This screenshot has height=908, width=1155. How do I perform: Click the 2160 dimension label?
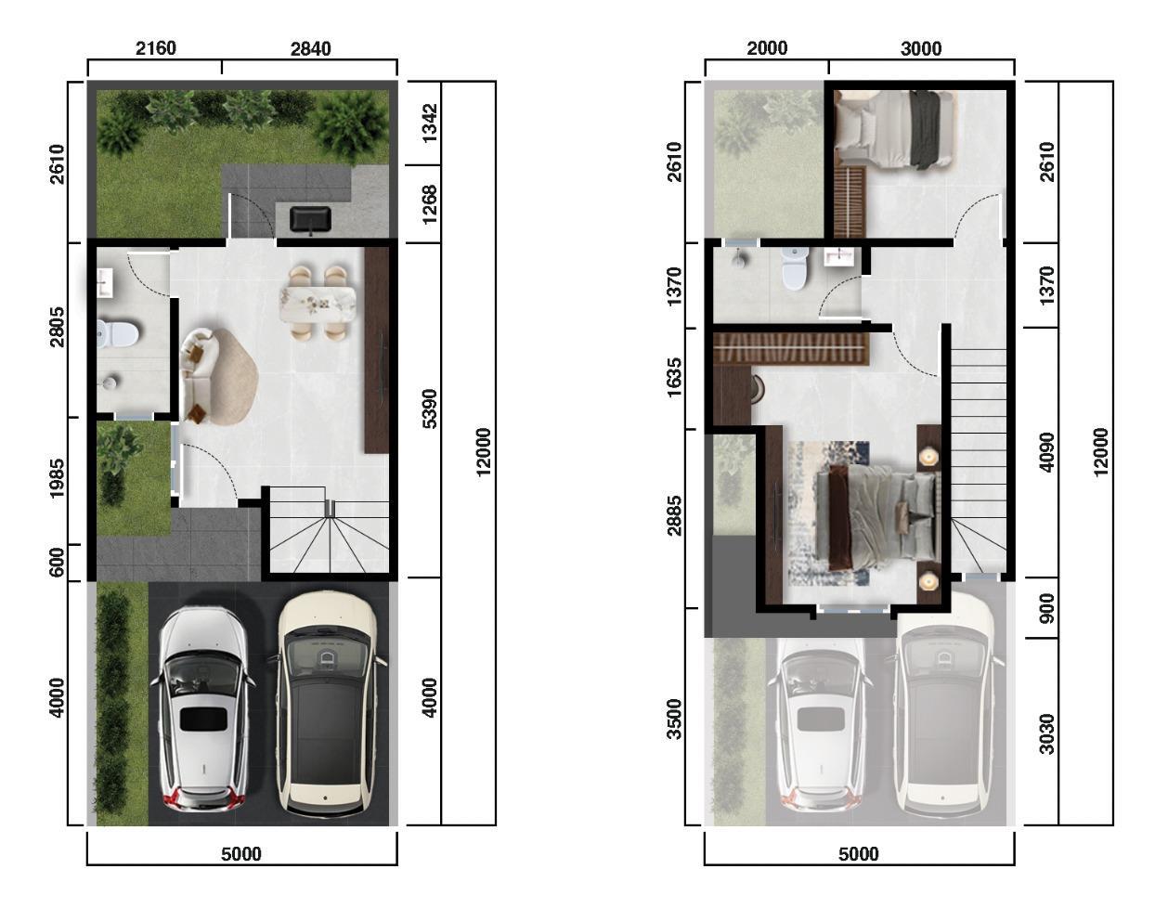coord(156,48)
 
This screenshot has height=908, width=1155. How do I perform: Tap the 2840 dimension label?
coord(310,49)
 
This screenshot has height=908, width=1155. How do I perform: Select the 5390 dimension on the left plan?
coord(430,409)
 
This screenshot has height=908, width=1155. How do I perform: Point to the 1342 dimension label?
coord(430,123)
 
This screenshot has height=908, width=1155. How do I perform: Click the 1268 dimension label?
coord(430,204)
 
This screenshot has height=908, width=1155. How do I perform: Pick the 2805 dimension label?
coord(57,328)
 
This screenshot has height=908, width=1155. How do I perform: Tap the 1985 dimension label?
coord(57,479)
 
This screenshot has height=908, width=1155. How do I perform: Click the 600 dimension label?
coord(57,563)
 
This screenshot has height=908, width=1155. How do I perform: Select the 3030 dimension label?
coord(1047,734)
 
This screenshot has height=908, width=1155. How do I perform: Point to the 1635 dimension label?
coord(674,378)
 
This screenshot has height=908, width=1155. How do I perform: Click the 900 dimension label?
coord(1047,608)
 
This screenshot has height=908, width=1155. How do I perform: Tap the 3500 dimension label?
coord(674,720)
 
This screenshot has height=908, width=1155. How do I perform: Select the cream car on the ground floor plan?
coord(326,702)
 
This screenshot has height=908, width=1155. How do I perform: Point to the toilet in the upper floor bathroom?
coord(795,267)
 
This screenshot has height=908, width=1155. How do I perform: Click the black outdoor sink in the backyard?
coord(310,219)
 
